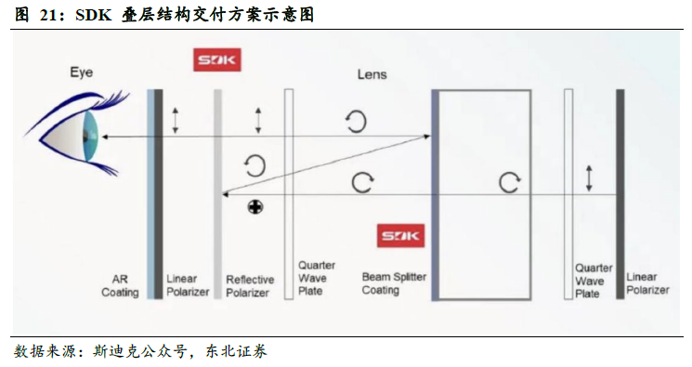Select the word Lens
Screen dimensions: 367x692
pyautogui.click(x=372, y=74)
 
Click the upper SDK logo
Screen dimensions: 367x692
pyautogui.click(x=215, y=61)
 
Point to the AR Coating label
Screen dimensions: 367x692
pyautogui.click(x=119, y=285)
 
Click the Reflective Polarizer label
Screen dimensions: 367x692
pyautogui.click(x=249, y=285)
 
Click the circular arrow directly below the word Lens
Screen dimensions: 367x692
pyautogui.click(x=356, y=120)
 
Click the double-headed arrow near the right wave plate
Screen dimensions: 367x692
pyautogui.click(x=588, y=178)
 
